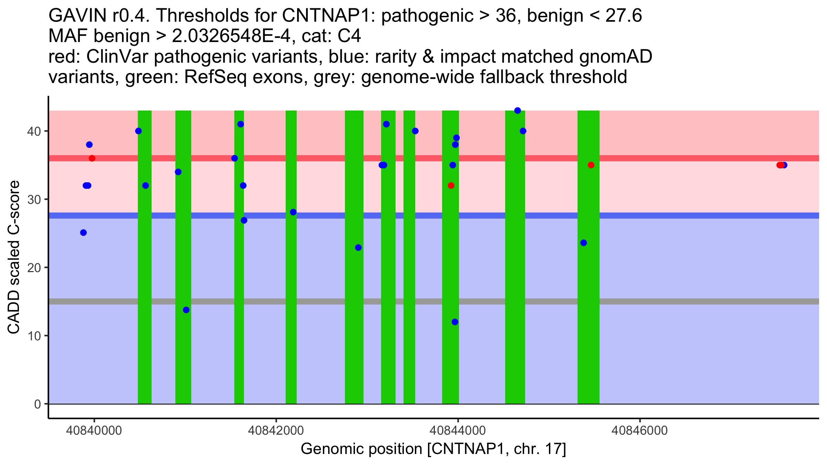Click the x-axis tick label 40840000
point(94,431)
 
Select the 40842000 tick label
point(276,431)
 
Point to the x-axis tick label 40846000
point(640,431)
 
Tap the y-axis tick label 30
point(34,199)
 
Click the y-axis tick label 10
point(34,336)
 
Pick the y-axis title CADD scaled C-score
point(14,257)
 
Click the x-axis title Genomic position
point(433,449)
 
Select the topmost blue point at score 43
point(518,111)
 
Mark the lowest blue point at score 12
point(455,322)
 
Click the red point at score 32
point(451,186)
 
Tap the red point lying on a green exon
point(591,165)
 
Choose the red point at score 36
point(92,158)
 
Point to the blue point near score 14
point(186,310)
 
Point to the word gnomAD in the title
point(615,57)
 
